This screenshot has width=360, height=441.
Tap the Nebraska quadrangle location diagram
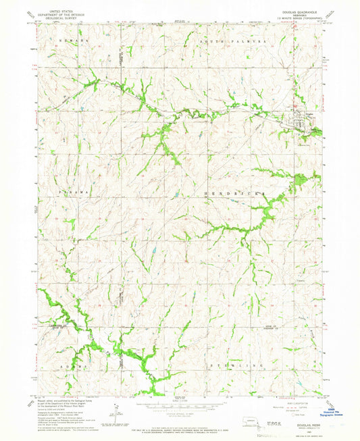click(233, 422)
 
